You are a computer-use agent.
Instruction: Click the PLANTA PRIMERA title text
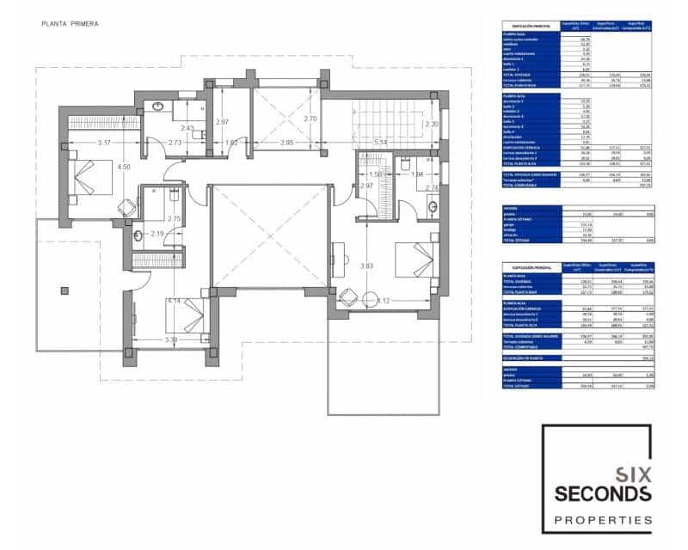pyautogui.click(x=70, y=24)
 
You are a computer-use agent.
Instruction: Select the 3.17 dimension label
pyautogui.click(x=107, y=142)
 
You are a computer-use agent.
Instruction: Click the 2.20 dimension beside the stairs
pyautogui.click(x=430, y=124)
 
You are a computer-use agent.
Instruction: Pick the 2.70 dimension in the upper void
pyautogui.click(x=311, y=119)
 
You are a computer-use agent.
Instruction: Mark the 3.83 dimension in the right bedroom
pyautogui.click(x=368, y=266)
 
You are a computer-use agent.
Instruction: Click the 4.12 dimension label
pyautogui.click(x=383, y=301)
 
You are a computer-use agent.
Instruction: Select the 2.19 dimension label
pyautogui.click(x=157, y=235)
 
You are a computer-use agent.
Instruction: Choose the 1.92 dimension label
pyautogui.click(x=230, y=142)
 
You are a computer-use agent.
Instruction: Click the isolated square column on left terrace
pyautogui.click(x=64, y=290)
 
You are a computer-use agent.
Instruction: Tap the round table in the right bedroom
pyautogui.click(x=348, y=297)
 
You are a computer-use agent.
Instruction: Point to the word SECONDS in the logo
pyautogui.click(x=602, y=493)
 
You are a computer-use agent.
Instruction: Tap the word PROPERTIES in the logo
pyautogui.click(x=602, y=520)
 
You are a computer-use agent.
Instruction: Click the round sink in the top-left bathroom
pyautogui.click(x=157, y=107)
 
